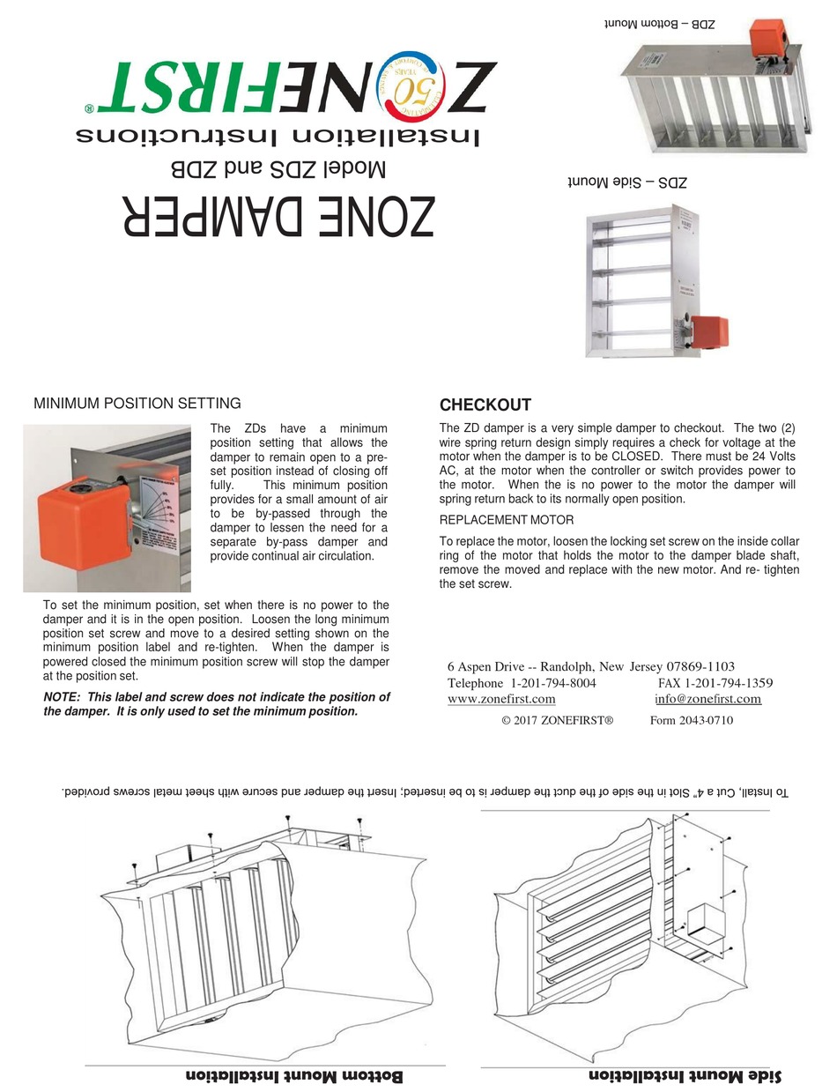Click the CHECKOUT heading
point(485,405)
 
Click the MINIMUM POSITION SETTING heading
point(137,404)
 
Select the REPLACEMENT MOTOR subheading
point(506,520)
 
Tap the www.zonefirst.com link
point(501,699)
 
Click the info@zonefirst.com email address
point(707,699)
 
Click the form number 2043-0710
point(691,720)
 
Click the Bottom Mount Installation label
point(294,1077)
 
